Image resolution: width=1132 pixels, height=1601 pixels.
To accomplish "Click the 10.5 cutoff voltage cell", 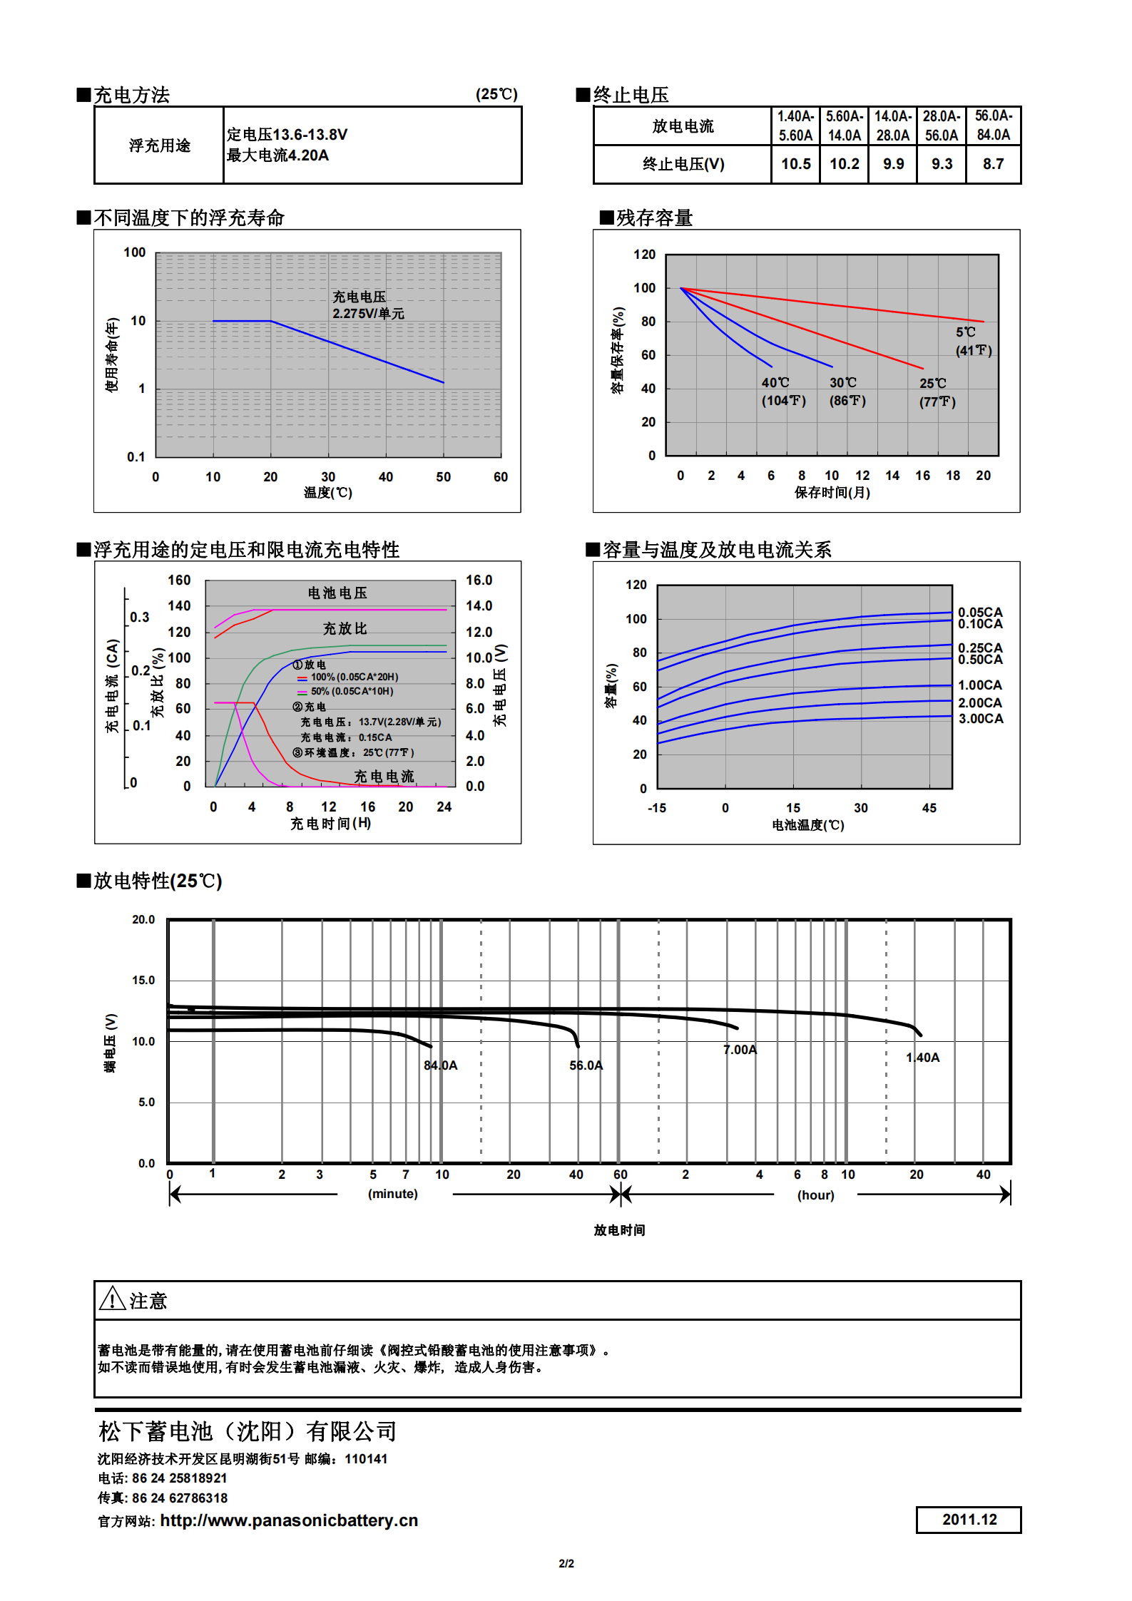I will point(795,164).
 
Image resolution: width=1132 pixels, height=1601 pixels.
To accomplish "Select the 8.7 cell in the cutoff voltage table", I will point(993,164).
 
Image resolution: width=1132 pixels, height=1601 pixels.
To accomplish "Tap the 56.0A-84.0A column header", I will point(993,126).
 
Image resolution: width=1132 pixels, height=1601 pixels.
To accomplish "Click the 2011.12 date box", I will point(969,1519).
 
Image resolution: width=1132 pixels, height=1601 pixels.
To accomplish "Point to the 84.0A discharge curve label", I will point(441,1065).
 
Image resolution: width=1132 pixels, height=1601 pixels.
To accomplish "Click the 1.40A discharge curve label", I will point(923,1058).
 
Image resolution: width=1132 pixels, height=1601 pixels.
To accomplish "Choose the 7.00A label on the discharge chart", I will point(740,1050).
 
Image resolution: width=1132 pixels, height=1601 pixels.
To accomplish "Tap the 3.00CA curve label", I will point(980,719).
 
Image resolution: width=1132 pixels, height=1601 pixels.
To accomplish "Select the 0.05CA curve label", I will point(980,612).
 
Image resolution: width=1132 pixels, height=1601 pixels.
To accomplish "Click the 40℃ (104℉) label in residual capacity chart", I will point(783,392).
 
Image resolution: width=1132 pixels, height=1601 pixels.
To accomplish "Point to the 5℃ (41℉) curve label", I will point(973,341).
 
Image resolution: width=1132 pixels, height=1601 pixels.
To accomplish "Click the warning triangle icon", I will point(113,1299).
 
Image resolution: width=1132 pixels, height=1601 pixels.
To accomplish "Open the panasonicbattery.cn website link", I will point(289,1520).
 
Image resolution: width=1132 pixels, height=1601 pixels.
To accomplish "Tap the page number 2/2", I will point(566,1563).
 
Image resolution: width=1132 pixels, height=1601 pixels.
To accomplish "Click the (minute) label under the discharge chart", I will point(392,1194).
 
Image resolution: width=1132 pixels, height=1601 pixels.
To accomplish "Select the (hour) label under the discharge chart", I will point(815,1195).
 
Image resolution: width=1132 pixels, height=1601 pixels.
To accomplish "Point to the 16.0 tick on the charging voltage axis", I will point(479,580).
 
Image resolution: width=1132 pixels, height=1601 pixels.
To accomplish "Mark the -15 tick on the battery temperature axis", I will point(656,808).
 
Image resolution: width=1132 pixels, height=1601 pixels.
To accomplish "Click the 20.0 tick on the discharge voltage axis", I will point(143,920).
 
